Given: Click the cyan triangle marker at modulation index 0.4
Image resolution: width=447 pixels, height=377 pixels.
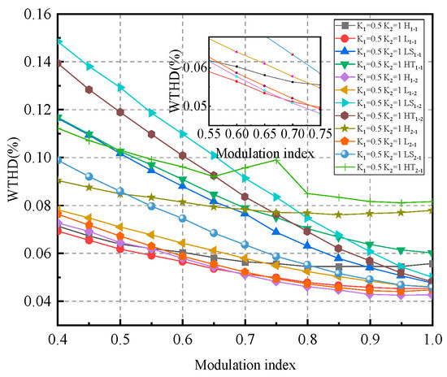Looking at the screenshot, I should [x=59, y=41].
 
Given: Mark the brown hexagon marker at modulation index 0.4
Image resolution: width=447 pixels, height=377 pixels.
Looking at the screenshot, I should [x=59, y=63].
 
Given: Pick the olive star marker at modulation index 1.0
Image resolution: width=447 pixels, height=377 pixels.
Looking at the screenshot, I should [x=432, y=210].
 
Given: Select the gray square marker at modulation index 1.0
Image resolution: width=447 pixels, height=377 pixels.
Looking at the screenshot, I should [x=432, y=264].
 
